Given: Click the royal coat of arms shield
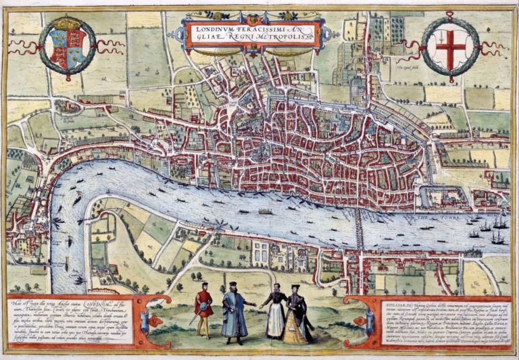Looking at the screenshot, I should (67, 49).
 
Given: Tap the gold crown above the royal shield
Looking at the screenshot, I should (67, 25).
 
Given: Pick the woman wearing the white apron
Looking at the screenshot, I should (275, 313).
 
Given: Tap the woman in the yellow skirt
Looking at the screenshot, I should (296, 317).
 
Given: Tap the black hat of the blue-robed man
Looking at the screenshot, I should (232, 284).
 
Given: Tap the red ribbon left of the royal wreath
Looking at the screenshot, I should (23, 47).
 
